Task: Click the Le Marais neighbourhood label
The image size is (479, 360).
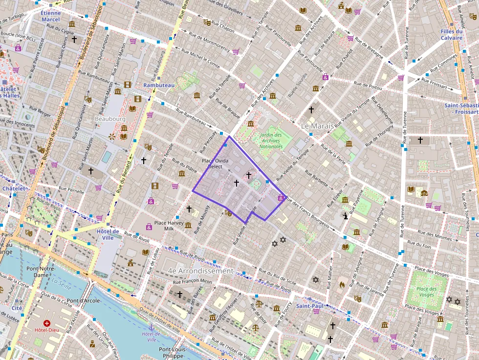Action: (x=317, y=126)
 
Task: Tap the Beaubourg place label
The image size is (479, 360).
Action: (x=110, y=119)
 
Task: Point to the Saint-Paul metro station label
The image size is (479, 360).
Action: (x=309, y=306)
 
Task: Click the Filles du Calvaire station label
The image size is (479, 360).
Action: (x=451, y=35)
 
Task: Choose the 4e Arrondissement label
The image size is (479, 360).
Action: (x=200, y=271)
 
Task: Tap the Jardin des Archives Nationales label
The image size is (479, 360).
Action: (x=271, y=140)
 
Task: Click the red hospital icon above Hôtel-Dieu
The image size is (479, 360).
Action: (x=47, y=323)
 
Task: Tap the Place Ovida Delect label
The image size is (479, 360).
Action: (x=215, y=164)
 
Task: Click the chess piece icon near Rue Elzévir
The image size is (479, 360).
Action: (x=346, y=215)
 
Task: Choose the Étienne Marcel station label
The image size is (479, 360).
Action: (x=50, y=16)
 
